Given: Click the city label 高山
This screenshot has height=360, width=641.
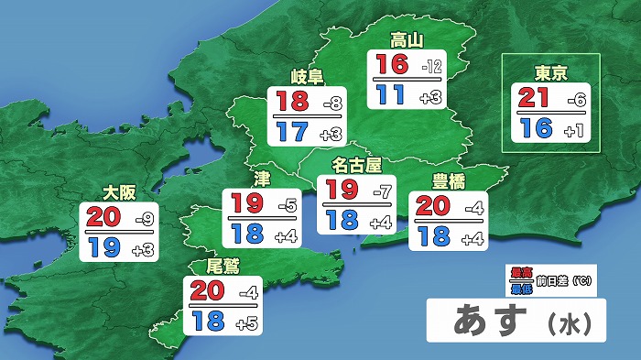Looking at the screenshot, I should tap(404, 39).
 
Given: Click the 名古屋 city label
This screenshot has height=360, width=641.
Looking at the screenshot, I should tap(355, 166).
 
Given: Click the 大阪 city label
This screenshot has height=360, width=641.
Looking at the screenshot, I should tap(119, 193).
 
